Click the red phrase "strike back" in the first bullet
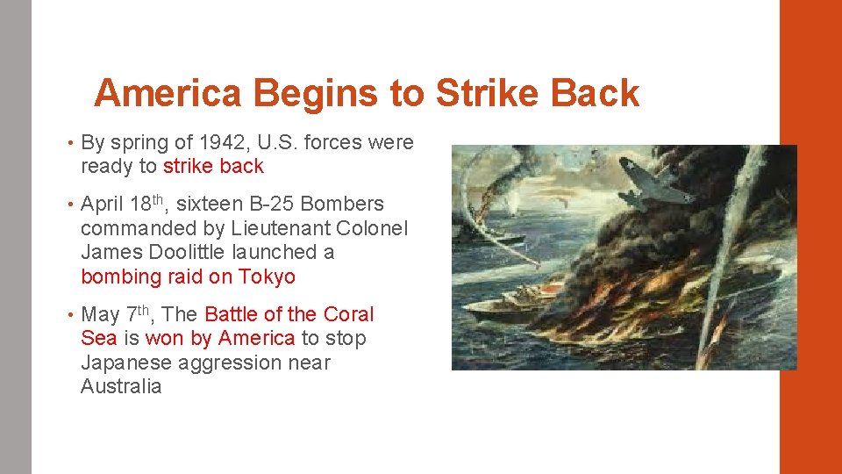pos(213,167)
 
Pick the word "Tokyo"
pos(267,277)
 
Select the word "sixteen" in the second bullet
pos(209,205)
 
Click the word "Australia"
pos(121,387)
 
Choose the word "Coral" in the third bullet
pos(348,314)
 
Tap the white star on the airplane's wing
pos(628,164)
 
